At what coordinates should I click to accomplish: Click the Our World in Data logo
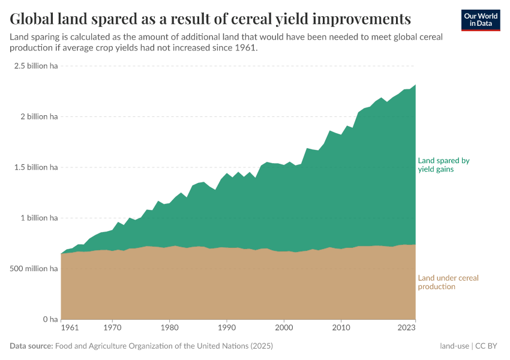[480, 20]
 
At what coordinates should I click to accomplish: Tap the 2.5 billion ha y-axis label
[36, 66]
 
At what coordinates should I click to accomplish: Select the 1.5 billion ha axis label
[36, 167]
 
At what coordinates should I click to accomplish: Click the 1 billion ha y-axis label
[38, 218]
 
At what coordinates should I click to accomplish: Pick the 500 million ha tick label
[34, 269]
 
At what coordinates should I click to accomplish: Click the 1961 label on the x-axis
[70, 329]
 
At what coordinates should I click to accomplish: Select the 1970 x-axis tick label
[112, 329]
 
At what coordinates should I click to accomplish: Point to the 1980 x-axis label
[169, 329]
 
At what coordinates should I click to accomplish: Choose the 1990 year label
[226, 329]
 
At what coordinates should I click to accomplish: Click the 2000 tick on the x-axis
[284, 329]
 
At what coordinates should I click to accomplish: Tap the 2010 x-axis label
[341, 329]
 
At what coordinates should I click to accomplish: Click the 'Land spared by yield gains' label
[443, 165]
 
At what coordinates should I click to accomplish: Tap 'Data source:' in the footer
[31, 346]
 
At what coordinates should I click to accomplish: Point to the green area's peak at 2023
[415, 85]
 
